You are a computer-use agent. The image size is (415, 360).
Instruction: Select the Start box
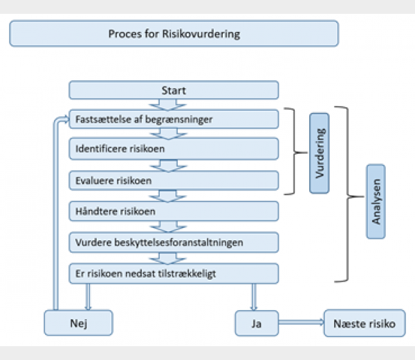click(x=174, y=90)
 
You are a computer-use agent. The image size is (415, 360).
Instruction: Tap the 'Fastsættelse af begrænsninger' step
click(x=174, y=119)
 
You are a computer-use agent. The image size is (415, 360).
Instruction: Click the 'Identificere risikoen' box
click(x=174, y=148)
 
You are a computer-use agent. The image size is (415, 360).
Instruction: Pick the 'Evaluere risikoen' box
click(x=174, y=180)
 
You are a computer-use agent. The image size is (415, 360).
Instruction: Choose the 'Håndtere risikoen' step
click(x=174, y=210)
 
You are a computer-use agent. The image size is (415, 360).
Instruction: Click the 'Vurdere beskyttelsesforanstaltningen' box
click(x=174, y=242)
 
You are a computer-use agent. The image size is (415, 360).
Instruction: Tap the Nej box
click(x=77, y=322)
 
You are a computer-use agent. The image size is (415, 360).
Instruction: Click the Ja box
click(x=256, y=322)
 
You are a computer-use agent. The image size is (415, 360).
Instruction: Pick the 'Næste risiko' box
click(x=365, y=322)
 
